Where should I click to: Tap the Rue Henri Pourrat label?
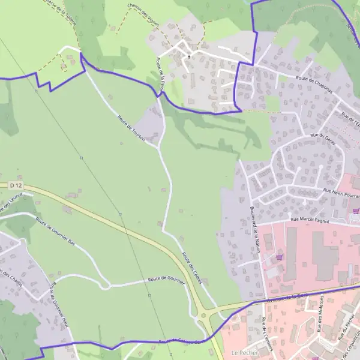point(341,193)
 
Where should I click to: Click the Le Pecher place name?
point(240,353)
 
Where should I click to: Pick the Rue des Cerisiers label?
point(268,335)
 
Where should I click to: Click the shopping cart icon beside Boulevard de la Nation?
point(279,257)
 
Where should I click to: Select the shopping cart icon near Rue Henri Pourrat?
point(356,211)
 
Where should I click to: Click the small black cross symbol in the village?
point(189,56)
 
